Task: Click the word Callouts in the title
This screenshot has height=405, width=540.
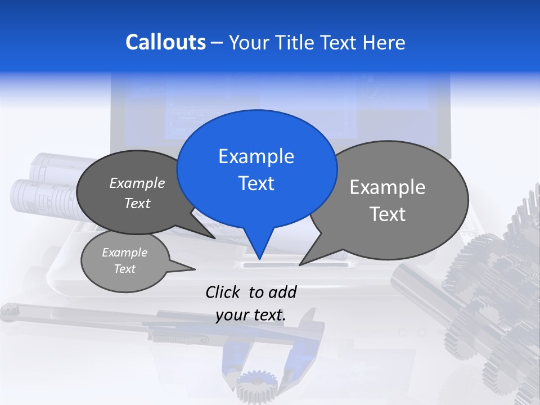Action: (165, 42)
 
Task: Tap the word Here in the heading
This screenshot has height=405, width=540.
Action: (385, 43)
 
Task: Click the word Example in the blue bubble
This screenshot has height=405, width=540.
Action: (256, 156)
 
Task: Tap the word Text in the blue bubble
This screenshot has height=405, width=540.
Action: (256, 183)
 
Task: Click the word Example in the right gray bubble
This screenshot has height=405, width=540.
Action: (388, 187)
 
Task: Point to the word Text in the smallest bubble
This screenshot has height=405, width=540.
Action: (124, 269)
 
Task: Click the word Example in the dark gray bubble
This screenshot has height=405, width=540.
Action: (137, 183)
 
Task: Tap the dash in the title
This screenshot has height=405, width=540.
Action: (218, 43)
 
